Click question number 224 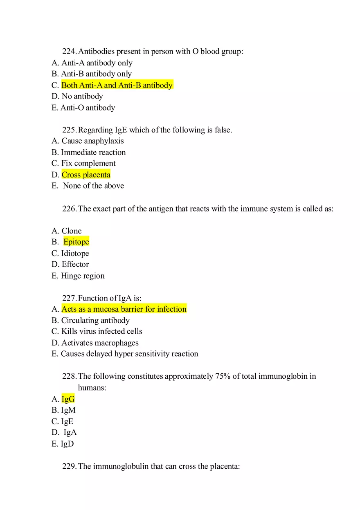point(69,52)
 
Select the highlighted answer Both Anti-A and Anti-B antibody point(117,85)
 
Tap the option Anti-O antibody point(88,108)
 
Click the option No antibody point(82,97)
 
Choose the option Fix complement point(88,163)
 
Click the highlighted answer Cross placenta point(86,175)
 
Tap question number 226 point(69,209)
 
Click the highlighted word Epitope point(76,242)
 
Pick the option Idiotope point(75,253)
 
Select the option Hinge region point(83,276)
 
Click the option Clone point(72,231)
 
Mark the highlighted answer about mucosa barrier point(124,309)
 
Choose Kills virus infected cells point(102,331)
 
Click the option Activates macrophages point(100,343)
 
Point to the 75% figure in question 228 point(223,376)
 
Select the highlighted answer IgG point(68,399)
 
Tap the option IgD point(67,444)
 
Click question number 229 point(69,466)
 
